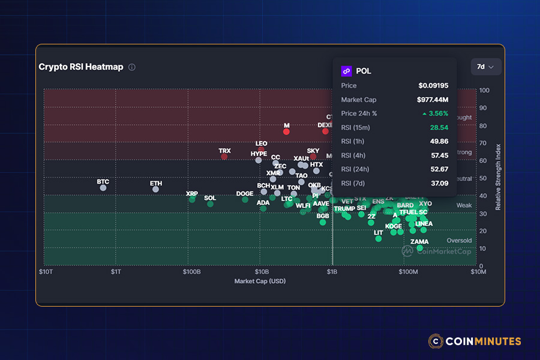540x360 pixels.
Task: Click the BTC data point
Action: (x=103, y=188)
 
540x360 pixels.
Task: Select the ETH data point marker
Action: (x=155, y=189)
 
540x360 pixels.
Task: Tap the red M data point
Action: (x=286, y=131)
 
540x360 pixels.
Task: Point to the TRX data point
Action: (x=224, y=157)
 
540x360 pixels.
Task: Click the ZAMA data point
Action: (x=419, y=248)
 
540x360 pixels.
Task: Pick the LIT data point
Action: (x=379, y=239)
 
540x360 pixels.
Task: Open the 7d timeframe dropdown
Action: (x=485, y=67)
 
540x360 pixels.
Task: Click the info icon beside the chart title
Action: (x=132, y=67)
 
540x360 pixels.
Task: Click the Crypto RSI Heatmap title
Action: (x=81, y=67)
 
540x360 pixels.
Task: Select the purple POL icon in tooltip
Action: (x=346, y=71)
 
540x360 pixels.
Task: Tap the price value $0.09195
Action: (x=433, y=86)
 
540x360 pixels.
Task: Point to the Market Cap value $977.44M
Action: (x=433, y=100)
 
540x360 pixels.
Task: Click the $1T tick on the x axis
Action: (x=116, y=272)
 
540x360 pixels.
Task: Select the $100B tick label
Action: (x=191, y=272)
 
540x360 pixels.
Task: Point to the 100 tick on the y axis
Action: (x=484, y=91)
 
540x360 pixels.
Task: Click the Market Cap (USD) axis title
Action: (x=260, y=281)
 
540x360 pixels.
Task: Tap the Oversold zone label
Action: (x=459, y=241)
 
